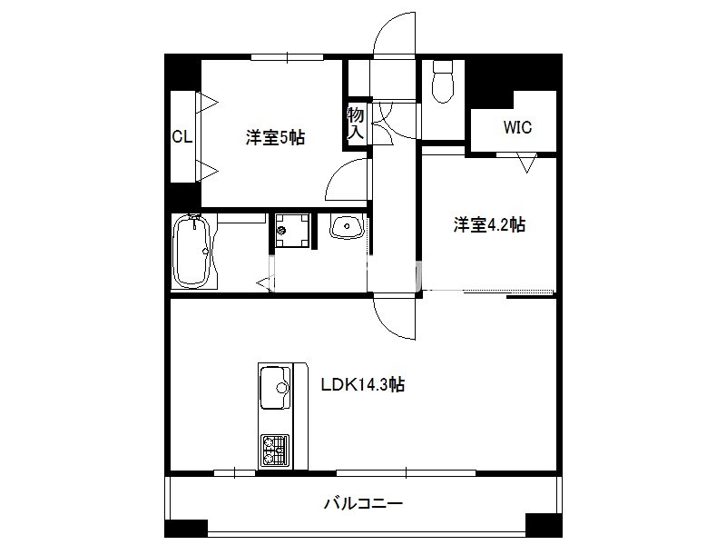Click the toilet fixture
442,82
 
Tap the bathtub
192,252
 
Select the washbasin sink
347,226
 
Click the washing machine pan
292,230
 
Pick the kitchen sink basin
275,388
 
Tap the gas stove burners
275,450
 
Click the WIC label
517,127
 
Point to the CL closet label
182,137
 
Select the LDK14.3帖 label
363,384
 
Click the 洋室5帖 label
275,138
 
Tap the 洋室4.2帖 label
489,224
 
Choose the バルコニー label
363,503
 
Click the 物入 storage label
356,123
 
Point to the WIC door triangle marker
527,163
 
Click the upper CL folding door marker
207,103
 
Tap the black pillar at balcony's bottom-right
544,526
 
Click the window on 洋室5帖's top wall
287,57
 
